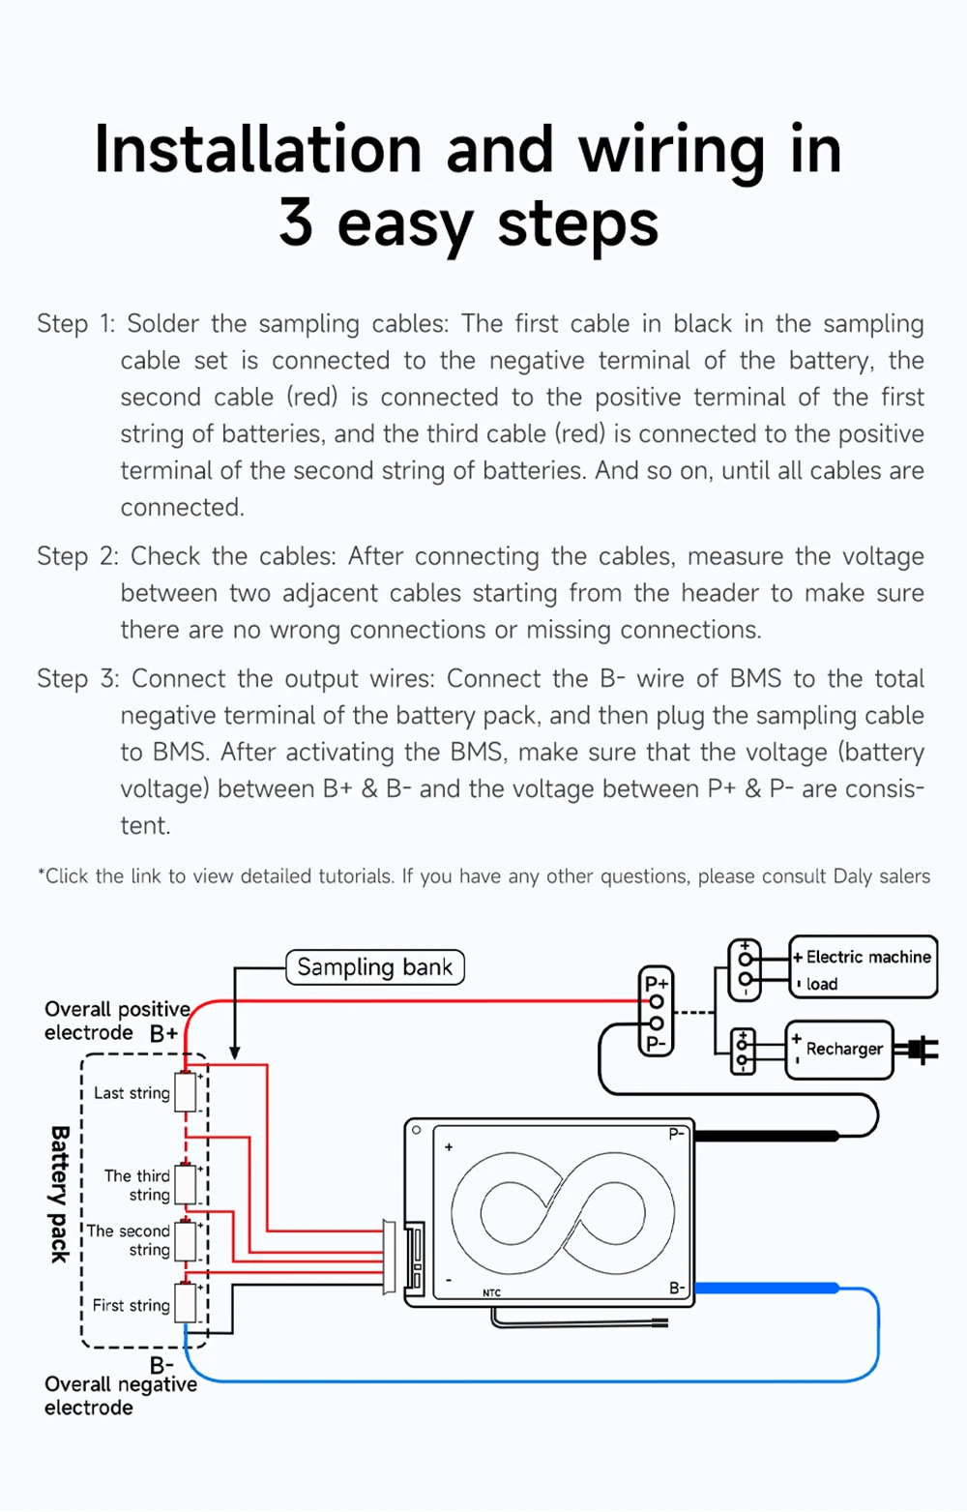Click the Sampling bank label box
pyautogui.click(x=375, y=967)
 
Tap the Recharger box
pyautogui.click(x=839, y=1049)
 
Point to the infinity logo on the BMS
pyautogui.click(x=562, y=1210)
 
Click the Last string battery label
pyautogui.click(x=132, y=1093)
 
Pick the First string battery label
pyautogui.click(x=131, y=1305)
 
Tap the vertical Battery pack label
pyautogui.click(x=60, y=1194)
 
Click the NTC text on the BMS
pyautogui.click(x=492, y=1293)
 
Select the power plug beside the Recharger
pyautogui.click(x=918, y=1050)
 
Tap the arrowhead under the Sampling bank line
pyautogui.click(x=234, y=1052)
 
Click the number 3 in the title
pyautogui.click(x=296, y=223)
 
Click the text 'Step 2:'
pyautogui.click(x=77, y=556)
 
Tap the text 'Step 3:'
pyautogui.click(x=77, y=679)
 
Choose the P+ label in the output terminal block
pyautogui.click(x=657, y=983)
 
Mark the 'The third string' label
pyautogui.click(x=137, y=1185)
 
